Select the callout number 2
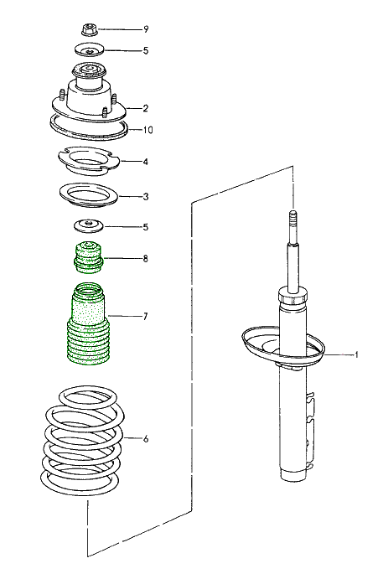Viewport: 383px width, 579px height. click(x=145, y=108)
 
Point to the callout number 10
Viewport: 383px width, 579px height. click(x=148, y=130)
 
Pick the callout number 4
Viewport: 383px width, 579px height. click(x=145, y=162)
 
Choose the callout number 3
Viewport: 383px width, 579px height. click(x=145, y=197)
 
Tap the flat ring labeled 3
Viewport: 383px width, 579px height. click(x=88, y=195)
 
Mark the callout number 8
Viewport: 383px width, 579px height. click(x=145, y=258)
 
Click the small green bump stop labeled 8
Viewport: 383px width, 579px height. click(x=88, y=257)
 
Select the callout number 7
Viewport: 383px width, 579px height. click(x=145, y=316)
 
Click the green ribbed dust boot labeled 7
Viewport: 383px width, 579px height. click(x=88, y=327)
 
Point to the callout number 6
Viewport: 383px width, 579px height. click(x=145, y=438)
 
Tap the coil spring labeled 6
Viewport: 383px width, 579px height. click(x=84, y=444)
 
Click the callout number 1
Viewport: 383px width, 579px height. click(x=356, y=354)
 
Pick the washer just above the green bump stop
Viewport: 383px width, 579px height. click(x=87, y=225)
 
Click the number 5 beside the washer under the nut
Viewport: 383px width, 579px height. click(x=145, y=51)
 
